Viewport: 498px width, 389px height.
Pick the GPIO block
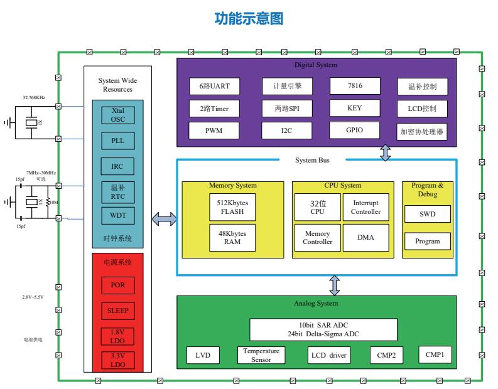(354, 130)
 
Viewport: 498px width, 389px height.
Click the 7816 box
(354, 85)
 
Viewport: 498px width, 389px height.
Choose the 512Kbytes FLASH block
(232, 207)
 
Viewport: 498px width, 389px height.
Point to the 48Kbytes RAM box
(232, 238)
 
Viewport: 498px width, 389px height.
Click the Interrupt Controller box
(365, 207)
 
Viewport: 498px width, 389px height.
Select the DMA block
(365, 238)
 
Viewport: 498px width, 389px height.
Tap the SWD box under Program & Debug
(427, 215)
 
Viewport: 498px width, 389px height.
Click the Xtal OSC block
(117, 114)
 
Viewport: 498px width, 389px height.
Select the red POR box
(117, 284)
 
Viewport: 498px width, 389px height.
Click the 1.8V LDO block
(117, 336)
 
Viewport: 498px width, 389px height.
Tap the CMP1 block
(435, 354)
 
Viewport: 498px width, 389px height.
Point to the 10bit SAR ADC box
(323, 329)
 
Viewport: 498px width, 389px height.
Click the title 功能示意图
(249, 19)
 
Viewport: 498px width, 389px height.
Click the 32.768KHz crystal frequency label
(35, 98)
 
